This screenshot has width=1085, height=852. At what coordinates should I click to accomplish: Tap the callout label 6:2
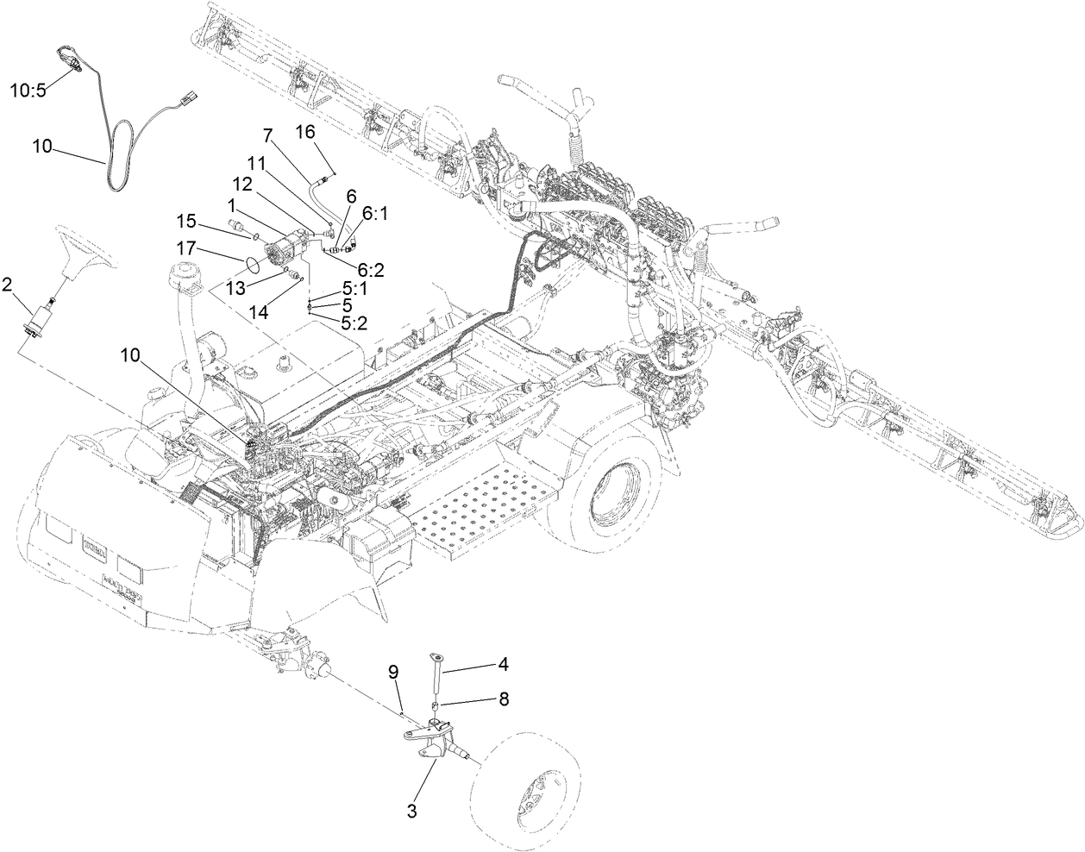[368, 270]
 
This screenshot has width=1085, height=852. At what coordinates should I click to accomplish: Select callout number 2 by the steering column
[8, 285]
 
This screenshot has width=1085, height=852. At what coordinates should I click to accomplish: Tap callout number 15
[187, 219]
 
